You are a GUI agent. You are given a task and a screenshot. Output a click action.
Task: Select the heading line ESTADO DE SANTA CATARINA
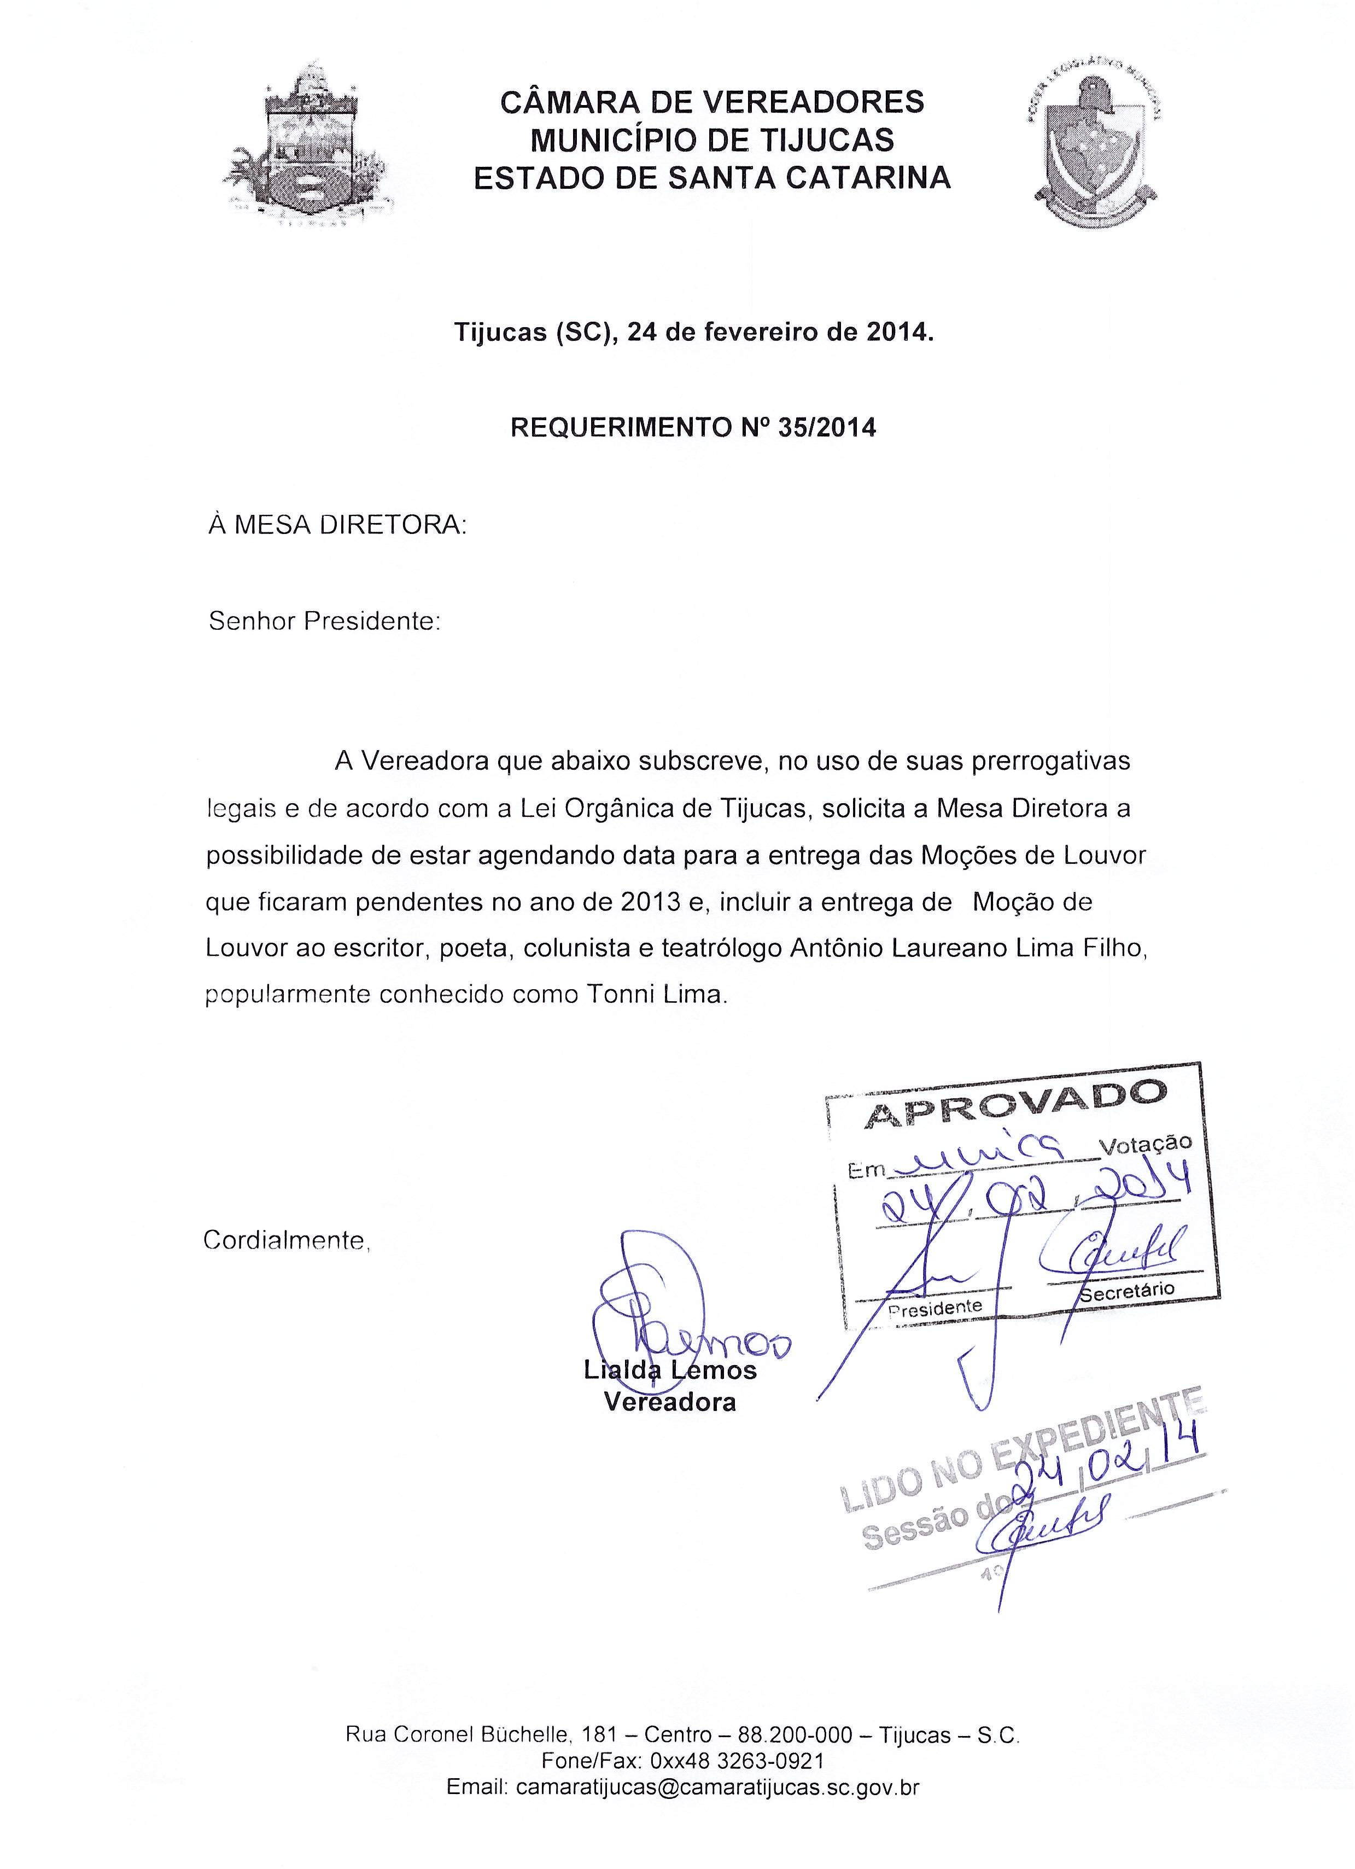[x=712, y=178]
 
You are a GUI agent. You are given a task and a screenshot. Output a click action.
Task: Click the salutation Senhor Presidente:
[x=325, y=622]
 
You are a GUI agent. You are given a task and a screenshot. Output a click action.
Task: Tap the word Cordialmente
[x=285, y=1240]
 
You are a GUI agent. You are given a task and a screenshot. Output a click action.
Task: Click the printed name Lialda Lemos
[x=670, y=1371]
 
